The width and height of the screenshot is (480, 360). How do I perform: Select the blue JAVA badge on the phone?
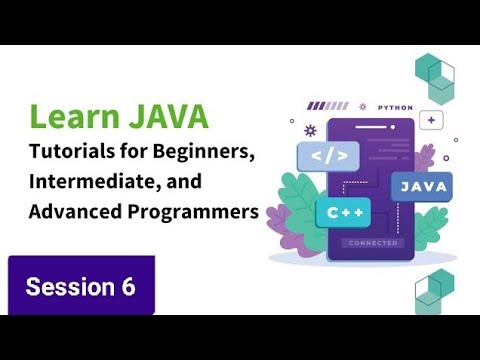(x=421, y=186)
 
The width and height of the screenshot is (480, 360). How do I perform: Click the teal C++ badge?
(x=343, y=212)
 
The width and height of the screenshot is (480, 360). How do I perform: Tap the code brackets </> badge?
(x=328, y=156)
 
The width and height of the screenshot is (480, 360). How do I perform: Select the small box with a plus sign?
(x=433, y=120)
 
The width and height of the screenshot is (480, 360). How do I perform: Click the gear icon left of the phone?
(x=310, y=130)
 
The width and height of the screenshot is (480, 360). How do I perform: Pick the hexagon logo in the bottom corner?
(x=435, y=291)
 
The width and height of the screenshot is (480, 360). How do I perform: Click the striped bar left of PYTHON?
(x=328, y=105)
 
